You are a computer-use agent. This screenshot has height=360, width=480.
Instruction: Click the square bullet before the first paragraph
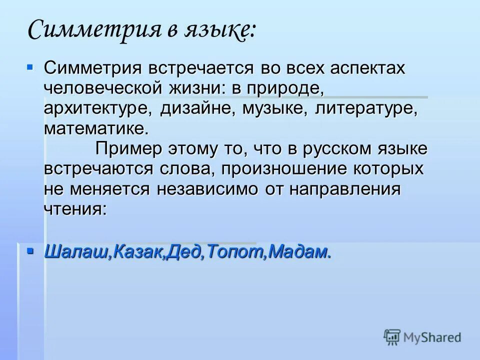click(29, 66)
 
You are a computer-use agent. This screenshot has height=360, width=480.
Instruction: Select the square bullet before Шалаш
click(29, 249)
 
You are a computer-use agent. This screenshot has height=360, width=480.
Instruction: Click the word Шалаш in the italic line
click(76, 252)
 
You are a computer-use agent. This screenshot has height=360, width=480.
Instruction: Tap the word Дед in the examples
click(186, 252)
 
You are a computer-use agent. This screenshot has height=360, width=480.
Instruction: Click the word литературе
click(365, 109)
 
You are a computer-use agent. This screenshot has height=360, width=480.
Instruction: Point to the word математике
click(96, 129)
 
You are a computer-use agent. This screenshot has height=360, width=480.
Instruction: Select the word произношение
click(279, 168)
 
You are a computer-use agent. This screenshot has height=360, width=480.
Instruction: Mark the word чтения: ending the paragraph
click(75, 208)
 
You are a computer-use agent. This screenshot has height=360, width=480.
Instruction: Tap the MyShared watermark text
click(432, 337)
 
